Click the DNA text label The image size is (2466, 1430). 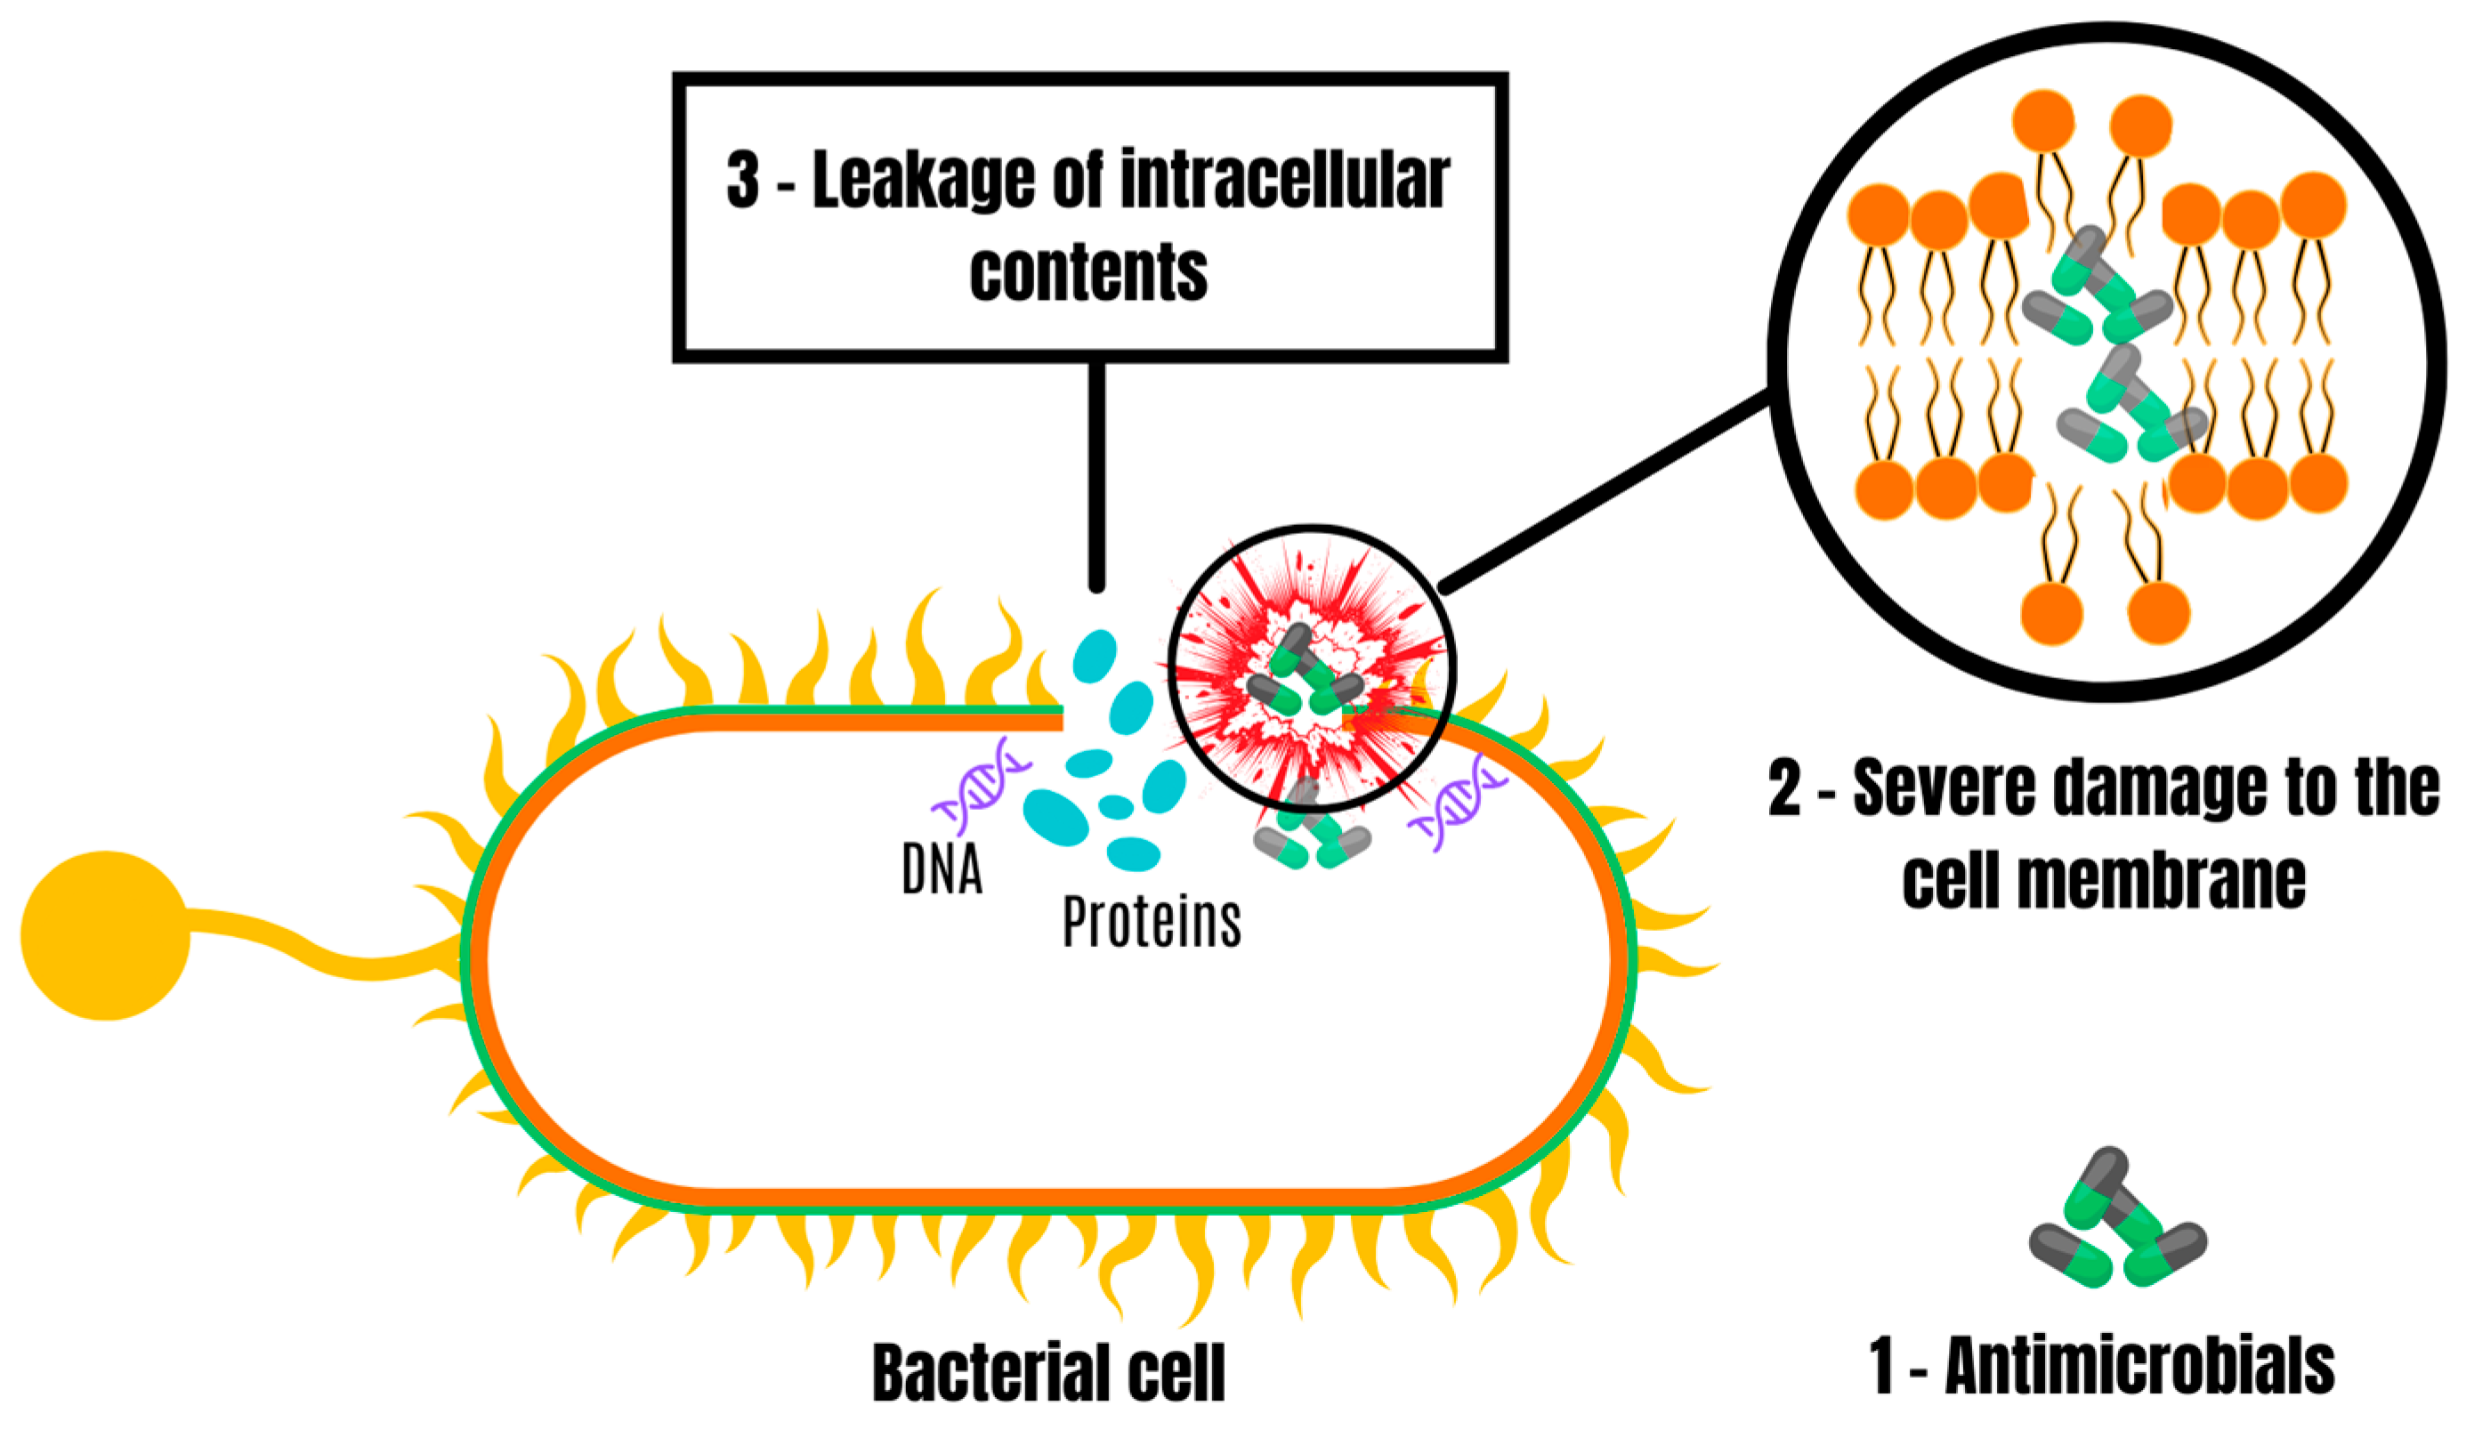(x=942, y=869)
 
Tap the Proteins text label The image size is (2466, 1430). (x=1152, y=922)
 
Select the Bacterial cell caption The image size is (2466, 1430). (x=1048, y=1372)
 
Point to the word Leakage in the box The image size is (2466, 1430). (x=923, y=181)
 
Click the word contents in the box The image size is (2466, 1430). (x=1088, y=272)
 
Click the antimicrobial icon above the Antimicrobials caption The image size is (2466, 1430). (x=2115, y=1218)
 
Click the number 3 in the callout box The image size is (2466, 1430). (x=743, y=181)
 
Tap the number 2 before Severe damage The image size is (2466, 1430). (x=1784, y=789)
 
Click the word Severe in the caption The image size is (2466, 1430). (x=1944, y=789)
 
